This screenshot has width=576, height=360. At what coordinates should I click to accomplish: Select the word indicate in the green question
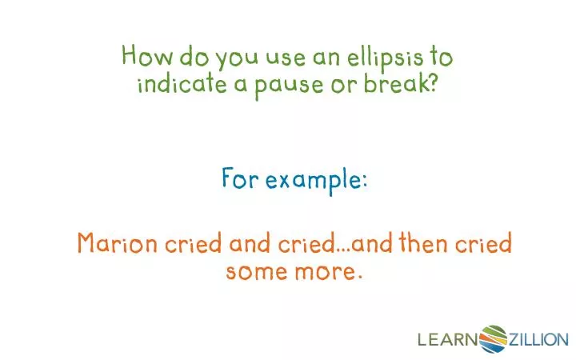point(182,84)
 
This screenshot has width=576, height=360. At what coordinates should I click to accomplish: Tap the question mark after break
point(432,83)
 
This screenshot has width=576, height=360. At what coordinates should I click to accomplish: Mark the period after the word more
point(358,277)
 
